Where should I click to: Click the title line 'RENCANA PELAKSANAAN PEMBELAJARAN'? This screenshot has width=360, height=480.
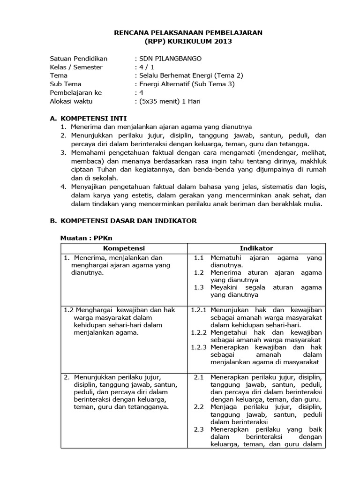click(x=189, y=32)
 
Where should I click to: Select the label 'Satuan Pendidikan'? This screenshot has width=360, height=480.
click(x=78, y=59)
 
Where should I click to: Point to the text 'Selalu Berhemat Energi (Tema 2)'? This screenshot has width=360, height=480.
click(x=189, y=75)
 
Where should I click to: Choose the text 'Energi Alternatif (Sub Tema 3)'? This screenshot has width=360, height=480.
click(x=184, y=84)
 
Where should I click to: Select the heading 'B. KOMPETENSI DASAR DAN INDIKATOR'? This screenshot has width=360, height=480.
click(x=123, y=220)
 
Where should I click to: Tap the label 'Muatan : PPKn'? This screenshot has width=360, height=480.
click(x=81, y=238)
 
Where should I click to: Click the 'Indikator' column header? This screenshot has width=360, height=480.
click(x=256, y=248)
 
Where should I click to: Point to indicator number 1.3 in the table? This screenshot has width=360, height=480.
click(x=199, y=287)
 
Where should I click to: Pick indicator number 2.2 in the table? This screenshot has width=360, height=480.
click(x=199, y=407)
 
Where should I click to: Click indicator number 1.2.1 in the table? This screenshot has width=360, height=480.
click(x=199, y=310)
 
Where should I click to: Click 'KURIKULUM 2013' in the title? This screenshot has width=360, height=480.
click(x=206, y=41)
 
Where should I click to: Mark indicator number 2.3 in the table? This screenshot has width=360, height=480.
click(x=199, y=429)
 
